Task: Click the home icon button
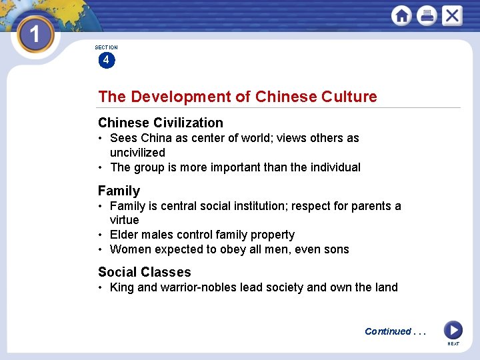(401, 15)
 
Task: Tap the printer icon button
(427, 15)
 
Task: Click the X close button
(452, 15)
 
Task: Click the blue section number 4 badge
(106, 60)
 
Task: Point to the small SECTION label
(106, 47)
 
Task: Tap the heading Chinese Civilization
(161, 123)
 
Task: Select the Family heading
(119, 191)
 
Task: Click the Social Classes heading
(144, 272)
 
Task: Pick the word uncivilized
(137, 153)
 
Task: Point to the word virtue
(125, 220)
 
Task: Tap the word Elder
(124, 235)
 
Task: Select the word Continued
(387, 331)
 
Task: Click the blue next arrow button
(453, 330)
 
